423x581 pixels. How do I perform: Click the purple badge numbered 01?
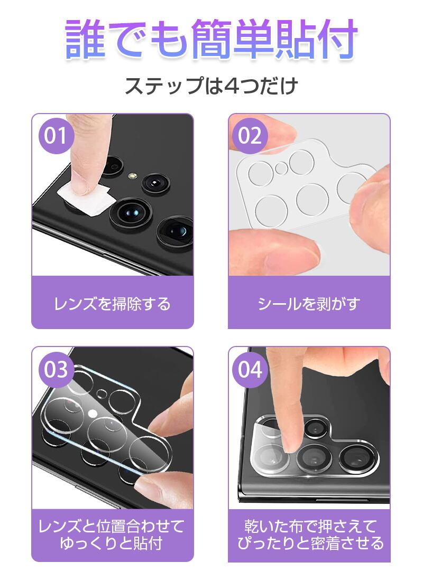tap(56, 135)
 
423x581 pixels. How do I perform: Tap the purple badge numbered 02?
tap(250, 135)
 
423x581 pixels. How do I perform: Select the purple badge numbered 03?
tap(56, 370)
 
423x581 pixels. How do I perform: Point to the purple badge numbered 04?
tap(250, 370)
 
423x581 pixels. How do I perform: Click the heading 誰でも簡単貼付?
tap(212, 39)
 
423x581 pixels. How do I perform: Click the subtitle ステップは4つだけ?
tap(212, 86)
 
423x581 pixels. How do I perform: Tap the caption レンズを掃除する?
tap(113, 304)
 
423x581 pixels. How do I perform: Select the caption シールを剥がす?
tap(309, 304)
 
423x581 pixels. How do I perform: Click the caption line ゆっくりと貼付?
tap(112, 543)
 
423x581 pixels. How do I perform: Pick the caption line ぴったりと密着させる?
tap(310, 543)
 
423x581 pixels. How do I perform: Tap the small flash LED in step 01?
tap(131, 175)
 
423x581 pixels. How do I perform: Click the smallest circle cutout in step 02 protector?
tap(282, 168)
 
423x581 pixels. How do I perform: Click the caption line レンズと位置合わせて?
tap(112, 526)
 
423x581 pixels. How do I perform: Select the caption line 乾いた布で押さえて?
tap(310, 526)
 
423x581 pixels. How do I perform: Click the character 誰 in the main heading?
tap(85, 39)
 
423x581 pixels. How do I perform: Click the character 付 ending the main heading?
tap(338, 39)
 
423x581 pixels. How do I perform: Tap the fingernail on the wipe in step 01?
tap(85, 184)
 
